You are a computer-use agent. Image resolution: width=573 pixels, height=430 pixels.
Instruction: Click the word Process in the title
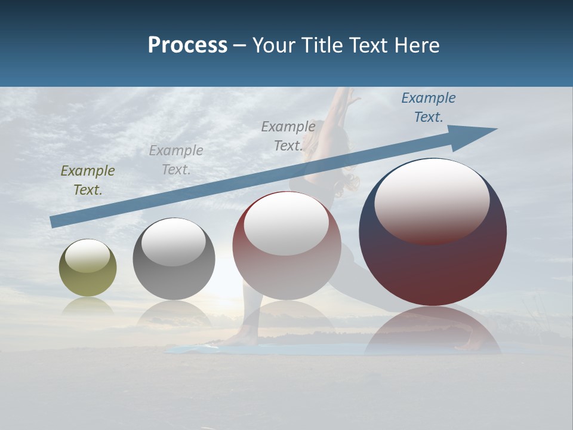pos(187,45)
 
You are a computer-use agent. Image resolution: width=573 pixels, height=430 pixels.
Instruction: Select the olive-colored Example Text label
pos(88,180)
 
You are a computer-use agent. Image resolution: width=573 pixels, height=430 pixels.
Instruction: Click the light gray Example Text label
pos(176,160)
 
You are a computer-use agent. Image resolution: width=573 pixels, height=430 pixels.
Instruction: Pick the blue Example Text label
pos(429,107)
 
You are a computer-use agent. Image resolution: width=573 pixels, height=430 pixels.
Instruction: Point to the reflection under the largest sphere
pos(432,328)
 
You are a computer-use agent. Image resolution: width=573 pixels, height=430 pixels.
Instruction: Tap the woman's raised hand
pos(353,96)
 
